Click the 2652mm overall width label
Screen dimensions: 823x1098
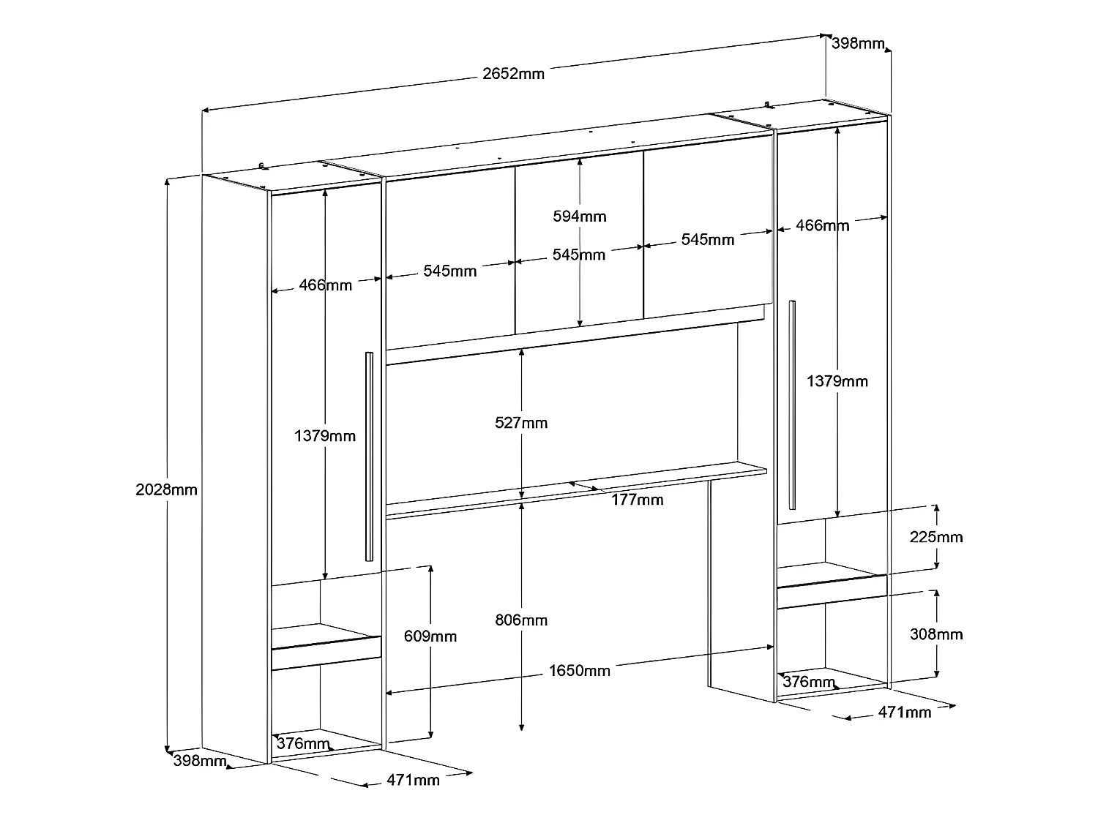tap(513, 73)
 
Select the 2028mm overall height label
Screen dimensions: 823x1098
tap(167, 489)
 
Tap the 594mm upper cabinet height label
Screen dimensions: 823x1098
tap(580, 217)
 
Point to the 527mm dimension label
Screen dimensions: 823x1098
tap(521, 423)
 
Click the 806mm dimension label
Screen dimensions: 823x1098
tap(521, 620)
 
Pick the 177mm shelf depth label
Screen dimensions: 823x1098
tap(638, 500)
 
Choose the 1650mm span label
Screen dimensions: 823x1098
tap(580, 670)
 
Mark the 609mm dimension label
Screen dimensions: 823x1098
tap(430, 636)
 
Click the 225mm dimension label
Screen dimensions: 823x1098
tap(936, 537)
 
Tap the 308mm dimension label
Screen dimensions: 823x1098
tap(936, 634)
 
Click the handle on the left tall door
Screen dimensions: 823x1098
tap(369, 456)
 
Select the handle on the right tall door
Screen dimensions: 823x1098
tap(792, 405)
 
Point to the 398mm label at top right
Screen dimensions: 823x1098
tap(859, 43)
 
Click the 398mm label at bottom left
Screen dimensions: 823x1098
tap(200, 761)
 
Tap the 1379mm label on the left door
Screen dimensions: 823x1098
tap(325, 436)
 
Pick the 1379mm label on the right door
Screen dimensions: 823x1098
tap(837, 381)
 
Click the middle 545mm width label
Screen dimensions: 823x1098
tap(579, 255)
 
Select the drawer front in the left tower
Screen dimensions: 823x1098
tap(326, 653)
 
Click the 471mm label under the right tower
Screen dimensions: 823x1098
tap(905, 712)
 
